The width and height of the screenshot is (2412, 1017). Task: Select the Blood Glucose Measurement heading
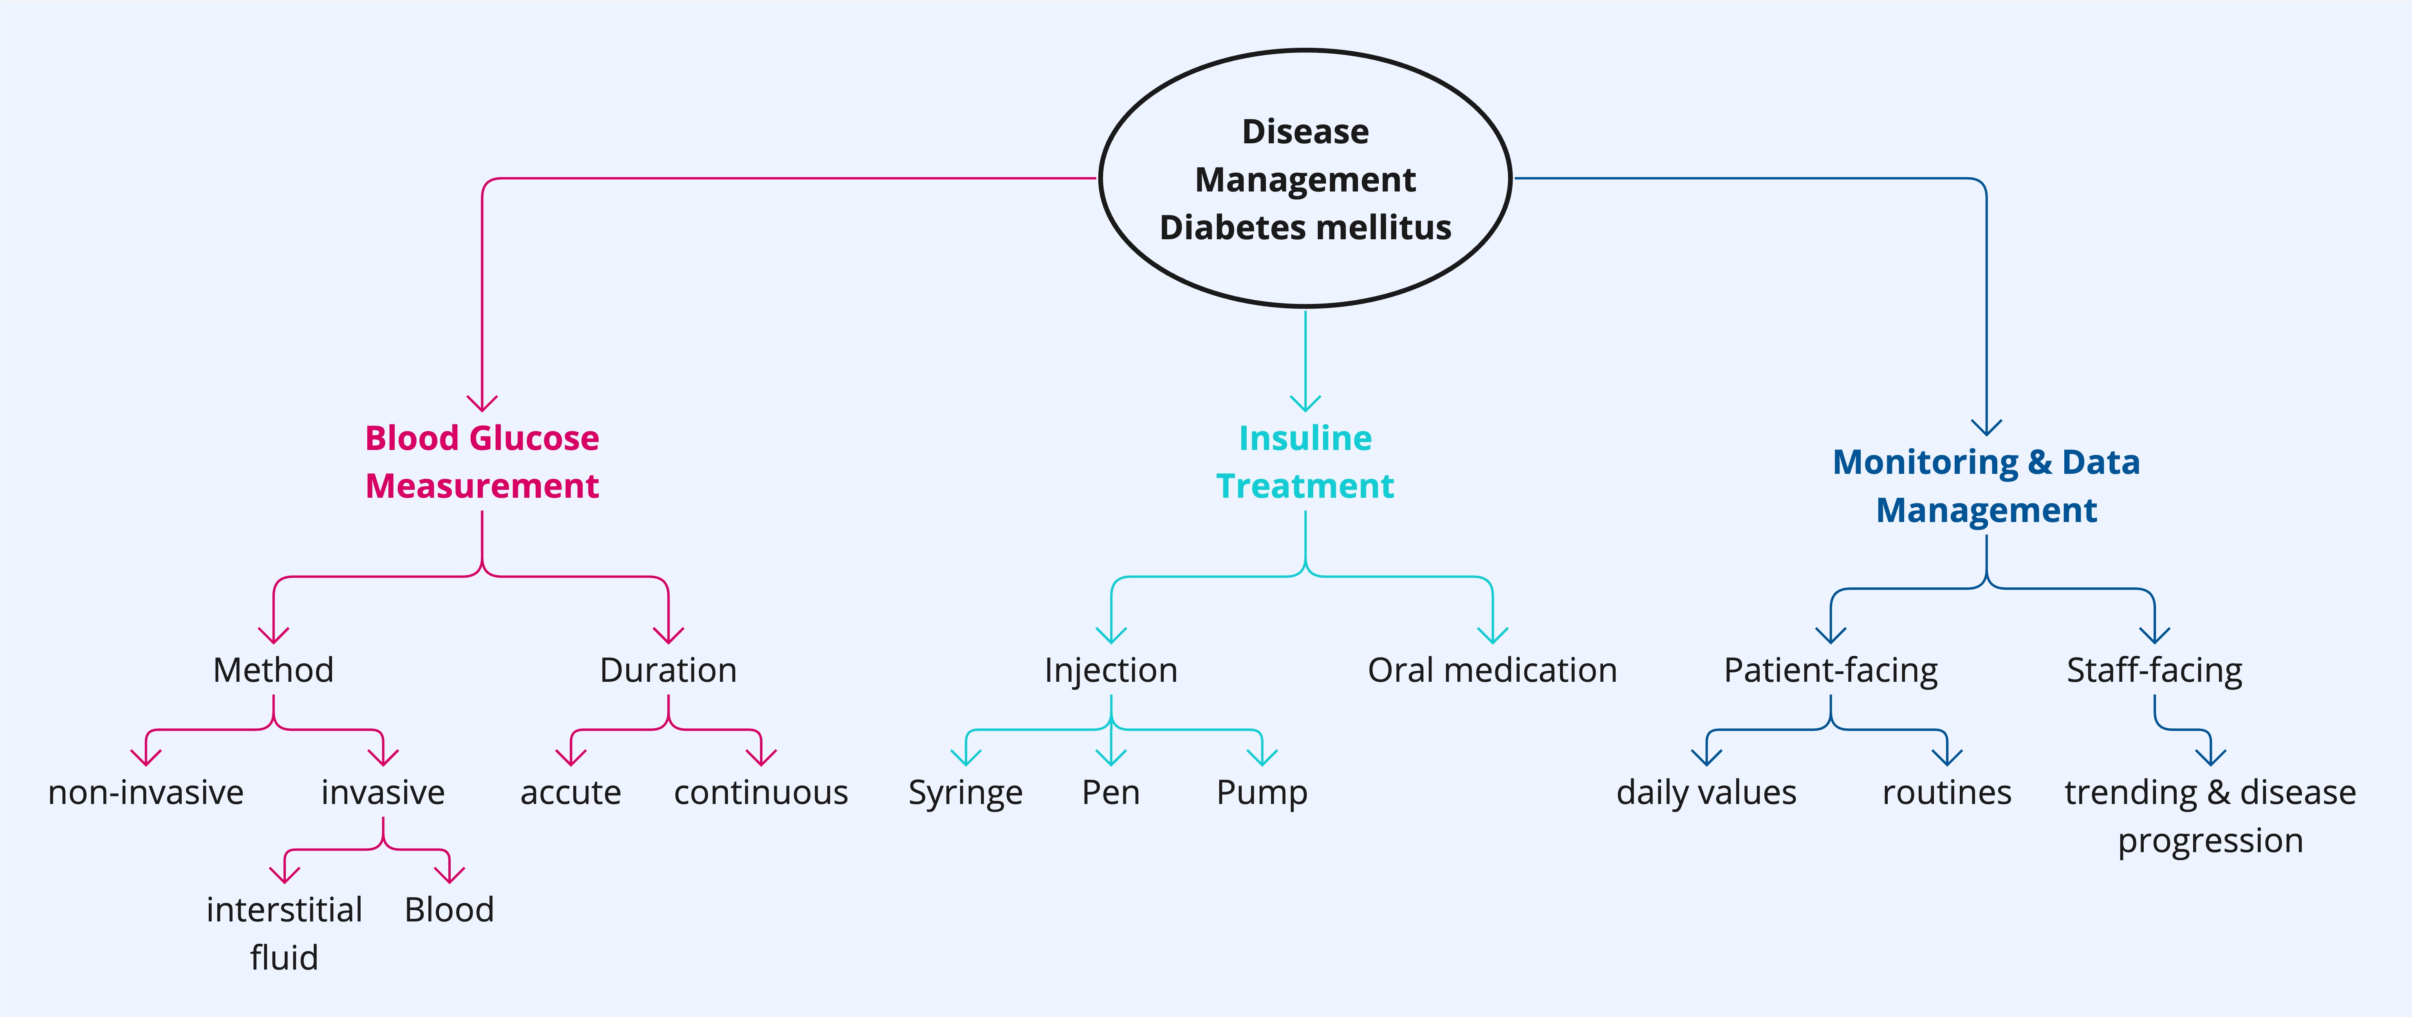[x=482, y=462]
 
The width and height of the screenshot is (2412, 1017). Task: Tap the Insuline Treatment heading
[x=1305, y=462]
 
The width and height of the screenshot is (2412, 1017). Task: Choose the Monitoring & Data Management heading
[x=1986, y=486]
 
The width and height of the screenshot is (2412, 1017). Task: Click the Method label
[x=273, y=670]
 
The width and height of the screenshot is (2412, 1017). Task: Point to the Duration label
[x=668, y=670]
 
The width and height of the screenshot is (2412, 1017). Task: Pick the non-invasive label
[x=146, y=792]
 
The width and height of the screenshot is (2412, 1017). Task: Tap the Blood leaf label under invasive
[x=450, y=909]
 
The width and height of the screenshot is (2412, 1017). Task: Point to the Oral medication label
[x=1493, y=670]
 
